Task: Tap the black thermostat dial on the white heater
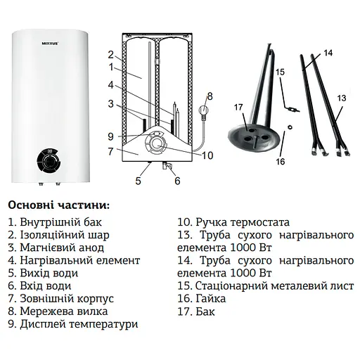(x=48, y=162)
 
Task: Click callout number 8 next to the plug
(x=209, y=96)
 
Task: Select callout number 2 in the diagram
(x=110, y=54)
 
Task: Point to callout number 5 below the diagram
(x=139, y=181)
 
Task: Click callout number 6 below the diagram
(x=177, y=181)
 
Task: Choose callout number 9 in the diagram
(x=110, y=136)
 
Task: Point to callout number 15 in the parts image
(x=279, y=72)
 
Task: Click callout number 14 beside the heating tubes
(x=328, y=53)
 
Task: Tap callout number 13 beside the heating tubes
(x=342, y=98)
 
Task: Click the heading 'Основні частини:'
(x=58, y=205)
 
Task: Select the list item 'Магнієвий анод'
(x=56, y=247)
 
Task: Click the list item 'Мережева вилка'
(x=57, y=311)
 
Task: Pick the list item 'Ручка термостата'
(x=233, y=222)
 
